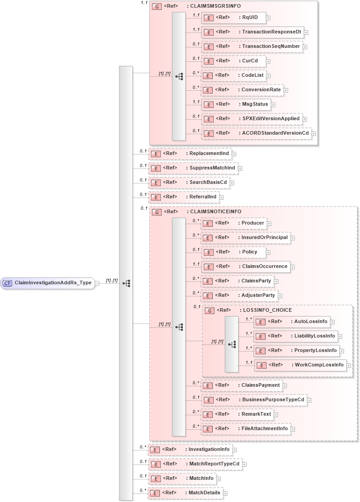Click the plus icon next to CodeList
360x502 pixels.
pyautogui.click(x=268, y=75)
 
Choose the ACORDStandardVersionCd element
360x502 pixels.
pyautogui.click(x=256, y=133)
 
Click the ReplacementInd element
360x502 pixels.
pyautogui.click(x=190, y=154)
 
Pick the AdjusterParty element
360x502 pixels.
pyautogui.click(x=239, y=295)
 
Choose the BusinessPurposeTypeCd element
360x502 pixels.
pyautogui.click(x=254, y=399)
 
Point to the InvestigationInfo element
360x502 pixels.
pyautogui.click(x=190, y=450)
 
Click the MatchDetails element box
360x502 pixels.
pyautogui.click(x=186, y=493)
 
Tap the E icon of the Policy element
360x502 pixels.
pyautogui.click(x=207, y=252)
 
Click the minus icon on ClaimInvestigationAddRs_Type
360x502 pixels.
pyautogui.click(x=97, y=283)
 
